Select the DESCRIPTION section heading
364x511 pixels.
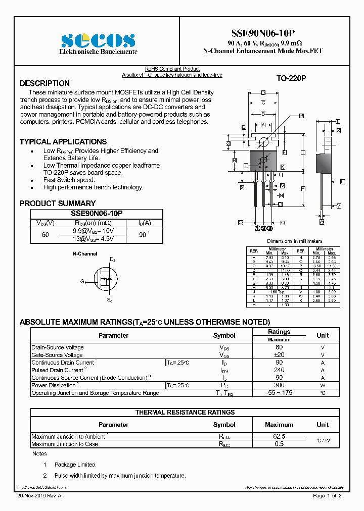(44, 83)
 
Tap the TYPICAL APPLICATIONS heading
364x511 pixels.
(63, 142)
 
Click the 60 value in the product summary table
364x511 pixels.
(45, 235)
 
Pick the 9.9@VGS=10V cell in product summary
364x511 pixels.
(94, 231)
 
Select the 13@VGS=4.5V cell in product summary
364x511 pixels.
(94, 238)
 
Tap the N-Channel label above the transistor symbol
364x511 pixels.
(85, 254)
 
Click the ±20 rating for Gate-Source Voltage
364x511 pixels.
(279, 355)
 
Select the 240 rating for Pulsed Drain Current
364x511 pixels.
(279, 370)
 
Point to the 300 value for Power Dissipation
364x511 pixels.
(279, 385)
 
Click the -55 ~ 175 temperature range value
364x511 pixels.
(279, 393)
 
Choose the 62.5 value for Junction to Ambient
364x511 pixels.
(279, 436)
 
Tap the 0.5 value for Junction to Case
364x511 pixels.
(279, 444)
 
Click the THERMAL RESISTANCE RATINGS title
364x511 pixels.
(185, 413)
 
